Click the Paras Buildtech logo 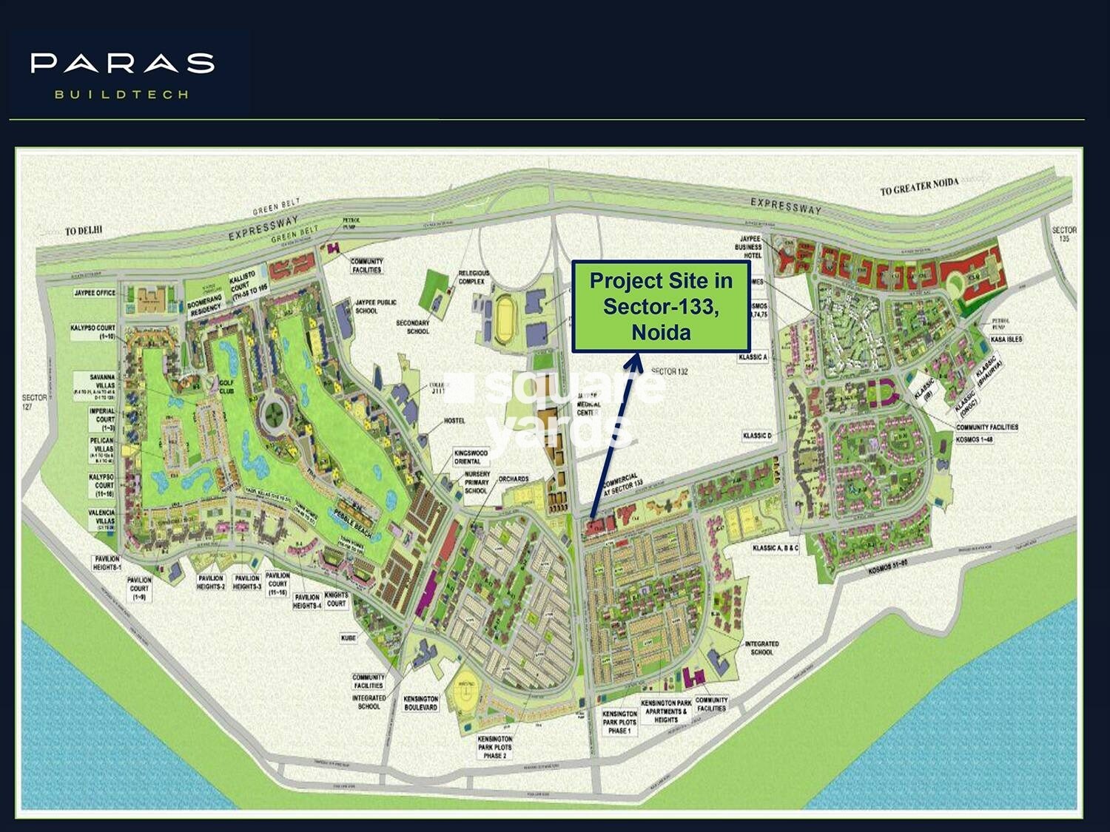point(122,74)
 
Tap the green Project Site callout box point(661,306)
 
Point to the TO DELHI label point(83,231)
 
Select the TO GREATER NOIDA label point(919,186)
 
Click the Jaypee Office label point(95,293)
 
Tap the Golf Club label point(226,386)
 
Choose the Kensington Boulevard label point(421,703)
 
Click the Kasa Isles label point(1006,339)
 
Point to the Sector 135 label point(1064,234)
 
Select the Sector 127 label point(34,402)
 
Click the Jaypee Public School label point(376,306)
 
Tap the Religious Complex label point(474,277)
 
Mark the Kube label point(349,637)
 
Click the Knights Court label point(336,599)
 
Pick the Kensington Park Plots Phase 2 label point(495,747)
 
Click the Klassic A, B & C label point(776,548)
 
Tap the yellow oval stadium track point(507,319)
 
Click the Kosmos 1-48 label point(974,439)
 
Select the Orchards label point(514,479)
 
